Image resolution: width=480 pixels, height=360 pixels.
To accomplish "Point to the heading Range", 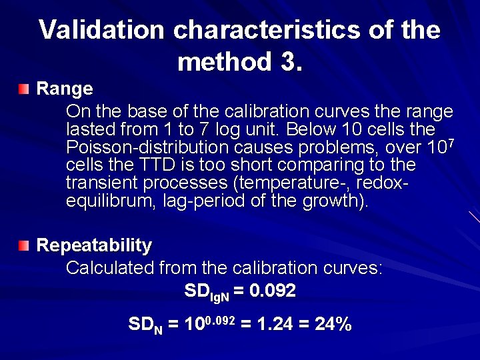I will (x=64, y=89).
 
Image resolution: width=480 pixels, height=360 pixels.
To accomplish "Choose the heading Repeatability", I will (x=94, y=245).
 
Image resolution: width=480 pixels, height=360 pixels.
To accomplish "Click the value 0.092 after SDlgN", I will (x=269, y=291).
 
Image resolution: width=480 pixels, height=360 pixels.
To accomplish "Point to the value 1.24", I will (x=273, y=325).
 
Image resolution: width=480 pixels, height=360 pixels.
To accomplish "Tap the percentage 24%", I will (x=333, y=325).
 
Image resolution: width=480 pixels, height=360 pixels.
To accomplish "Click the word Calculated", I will (x=110, y=268).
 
